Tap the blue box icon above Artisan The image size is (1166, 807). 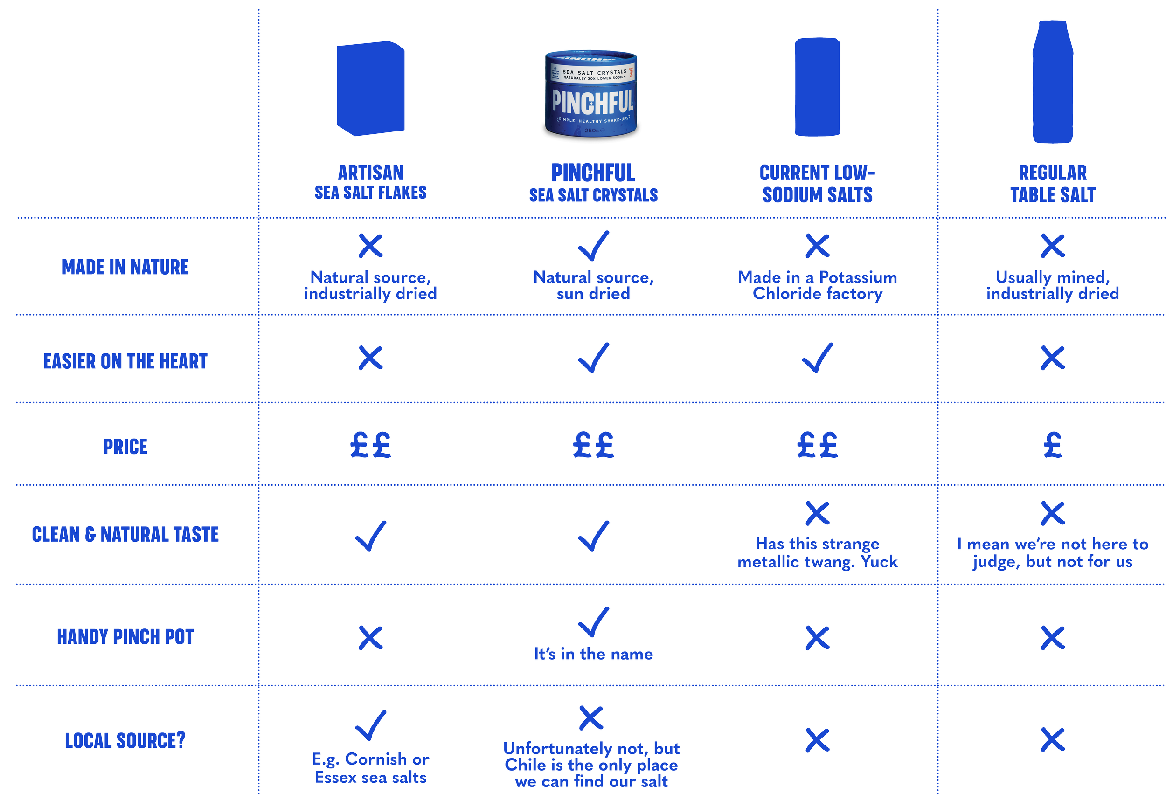pos(370,89)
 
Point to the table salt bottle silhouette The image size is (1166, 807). pos(1052,82)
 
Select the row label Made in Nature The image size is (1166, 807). pos(125,267)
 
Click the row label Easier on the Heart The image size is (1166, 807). pos(125,361)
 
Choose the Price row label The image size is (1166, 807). pos(125,447)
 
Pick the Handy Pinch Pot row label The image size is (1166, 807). pos(125,636)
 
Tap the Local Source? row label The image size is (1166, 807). pos(125,740)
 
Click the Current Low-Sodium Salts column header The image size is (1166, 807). pos(817,184)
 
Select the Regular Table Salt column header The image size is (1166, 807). pos(1052,184)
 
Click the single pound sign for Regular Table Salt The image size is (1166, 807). pos(1052,445)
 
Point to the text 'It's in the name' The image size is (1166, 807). pos(593,654)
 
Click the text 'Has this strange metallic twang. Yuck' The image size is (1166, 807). pos(817,552)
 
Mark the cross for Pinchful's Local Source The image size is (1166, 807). pos(591,717)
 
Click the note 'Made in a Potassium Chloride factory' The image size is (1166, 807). pos(817,285)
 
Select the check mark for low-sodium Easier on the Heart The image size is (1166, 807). pos(817,358)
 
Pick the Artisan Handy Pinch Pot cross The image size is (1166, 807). pos(370,637)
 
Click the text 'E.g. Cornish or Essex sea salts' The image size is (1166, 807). pos(370,767)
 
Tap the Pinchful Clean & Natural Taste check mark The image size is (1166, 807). pos(593,536)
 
